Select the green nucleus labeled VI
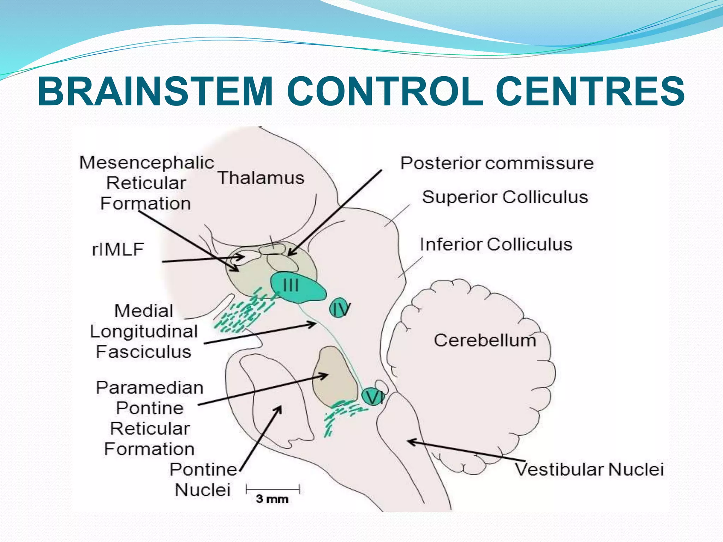pyautogui.click(x=372, y=397)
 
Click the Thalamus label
pyautogui.click(x=261, y=178)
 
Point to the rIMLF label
pyautogui.click(x=118, y=249)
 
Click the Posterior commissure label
pyautogui.click(x=497, y=163)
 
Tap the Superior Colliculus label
pyautogui.click(x=505, y=197)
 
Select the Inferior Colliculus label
pyautogui.click(x=496, y=245)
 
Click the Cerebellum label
pyautogui.click(x=485, y=341)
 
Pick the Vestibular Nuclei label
pyautogui.click(x=589, y=470)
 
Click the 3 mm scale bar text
pyautogui.click(x=272, y=499)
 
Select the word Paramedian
pyautogui.click(x=150, y=388)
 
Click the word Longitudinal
pyautogui.click(x=144, y=332)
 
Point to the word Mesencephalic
pyautogui.click(x=147, y=163)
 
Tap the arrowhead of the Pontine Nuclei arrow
pyautogui.click(x=280, y=408)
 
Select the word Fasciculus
pyautogui.click(x=143, y=352)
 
